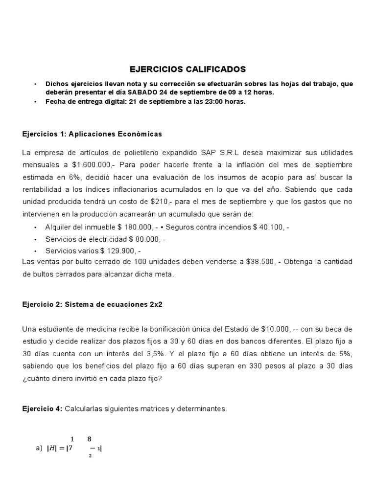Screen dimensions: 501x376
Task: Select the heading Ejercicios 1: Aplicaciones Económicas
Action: tap(92, 134)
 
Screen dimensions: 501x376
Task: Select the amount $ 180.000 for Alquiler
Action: tap(137, 228)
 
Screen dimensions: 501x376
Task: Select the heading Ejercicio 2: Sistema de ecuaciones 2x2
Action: tap(92, 304)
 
